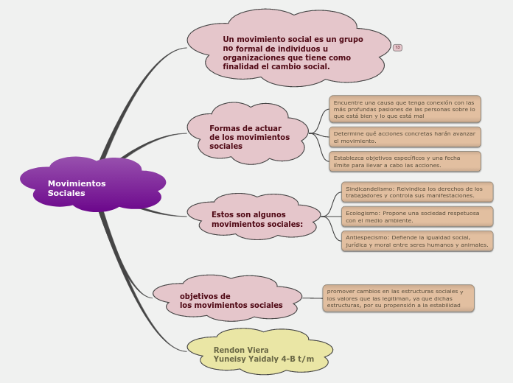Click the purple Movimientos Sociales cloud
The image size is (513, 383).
pyautogui.click(x=92, y=185)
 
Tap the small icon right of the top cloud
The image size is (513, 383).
pyautogui.click(x=397, y=48)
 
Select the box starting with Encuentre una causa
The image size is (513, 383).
pyautogui.click(x=405, y=109)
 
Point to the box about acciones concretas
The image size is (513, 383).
pyautogui.click(x=405, y=137)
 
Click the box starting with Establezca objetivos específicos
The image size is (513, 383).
pyautogui.click(x=405, y=161)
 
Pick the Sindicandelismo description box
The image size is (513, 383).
pyautogui.click(x=417, y=192)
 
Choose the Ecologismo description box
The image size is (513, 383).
pyautogui.click(x=417, y=217)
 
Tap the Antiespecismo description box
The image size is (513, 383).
pyautogui.click(x=417, y=241)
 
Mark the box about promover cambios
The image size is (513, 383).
pyautogui.click(x=398, y=298)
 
